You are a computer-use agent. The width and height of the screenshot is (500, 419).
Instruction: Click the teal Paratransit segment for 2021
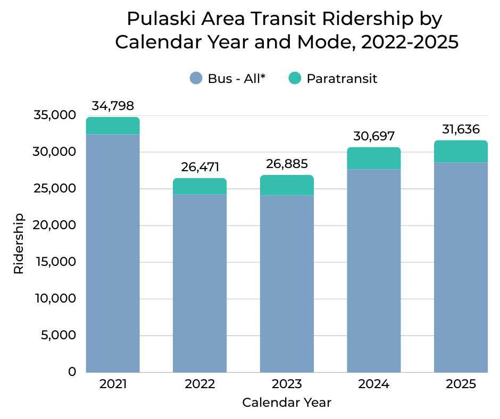pos(113,126)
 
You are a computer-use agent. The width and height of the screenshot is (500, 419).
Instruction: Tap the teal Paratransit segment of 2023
pos(287,186)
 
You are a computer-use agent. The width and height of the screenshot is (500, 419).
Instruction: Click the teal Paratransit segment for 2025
pos(461,152)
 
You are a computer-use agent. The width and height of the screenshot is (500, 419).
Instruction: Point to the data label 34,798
pos(113,106)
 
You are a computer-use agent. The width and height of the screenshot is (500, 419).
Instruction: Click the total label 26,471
pos(200,167)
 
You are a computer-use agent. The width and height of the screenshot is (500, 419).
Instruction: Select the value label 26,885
pos(287,164)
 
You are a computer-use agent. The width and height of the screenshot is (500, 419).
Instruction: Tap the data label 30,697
pos(374,136)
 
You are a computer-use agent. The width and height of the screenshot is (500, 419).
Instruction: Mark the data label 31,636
pos(461,129)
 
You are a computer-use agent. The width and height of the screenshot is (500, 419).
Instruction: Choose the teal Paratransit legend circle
pos(295,79)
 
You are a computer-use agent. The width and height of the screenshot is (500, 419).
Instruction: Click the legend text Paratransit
pos(342,79)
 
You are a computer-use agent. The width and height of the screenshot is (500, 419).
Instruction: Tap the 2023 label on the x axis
pos(287,384)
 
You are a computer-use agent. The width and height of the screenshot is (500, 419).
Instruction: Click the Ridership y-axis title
pos(19,244)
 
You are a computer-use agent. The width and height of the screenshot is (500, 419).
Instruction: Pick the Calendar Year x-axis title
pos(287,403)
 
